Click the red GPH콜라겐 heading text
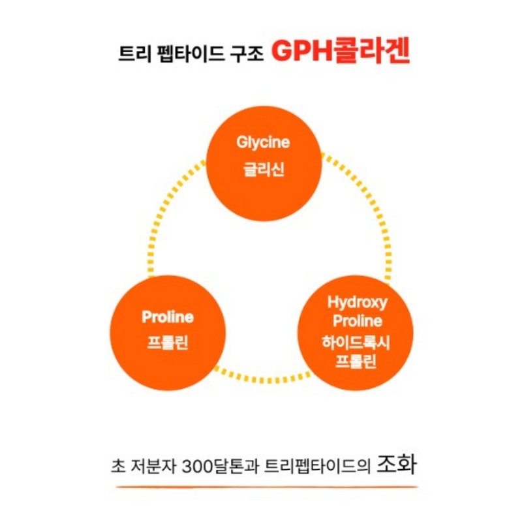click(340, 52)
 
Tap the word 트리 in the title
click(135, 54)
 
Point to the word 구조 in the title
click(247, 54)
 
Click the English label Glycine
click(263, 142)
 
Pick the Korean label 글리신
click(264, 169)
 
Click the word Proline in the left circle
click(168, 316)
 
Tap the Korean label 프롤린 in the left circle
click(168, 343)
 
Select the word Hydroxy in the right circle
click(357, 303)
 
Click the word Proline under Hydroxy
click(357, 321)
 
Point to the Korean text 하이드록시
click(356, 343)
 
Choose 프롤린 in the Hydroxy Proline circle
click(356, 361)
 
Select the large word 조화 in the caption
click(396, 464)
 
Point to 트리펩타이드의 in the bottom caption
click(317, 466)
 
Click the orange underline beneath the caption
click(267, 487)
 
